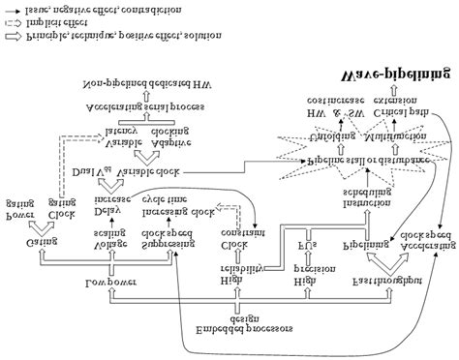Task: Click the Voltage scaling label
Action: tap(106, 239)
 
